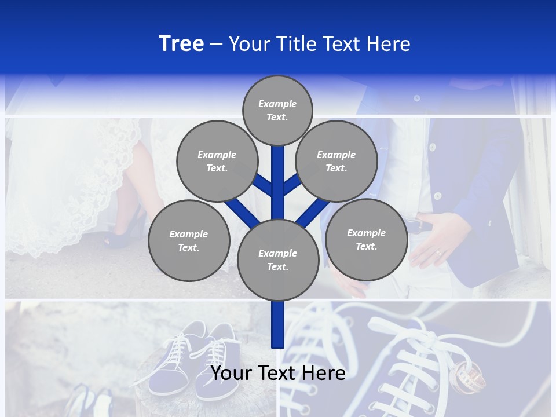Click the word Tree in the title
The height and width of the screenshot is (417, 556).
(x=181, y=43)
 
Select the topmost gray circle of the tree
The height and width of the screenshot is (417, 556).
(x=277, y=110)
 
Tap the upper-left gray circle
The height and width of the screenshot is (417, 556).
(x=217, y=161)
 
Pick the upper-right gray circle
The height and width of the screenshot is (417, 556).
(x=336, y=161)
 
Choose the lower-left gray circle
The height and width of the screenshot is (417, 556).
(x=189, y=240)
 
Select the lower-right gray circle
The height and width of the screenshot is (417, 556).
(x=366, y=239)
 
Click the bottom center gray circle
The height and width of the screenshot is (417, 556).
(x=278, y=259)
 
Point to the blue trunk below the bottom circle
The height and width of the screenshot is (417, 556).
(x=278, y=324)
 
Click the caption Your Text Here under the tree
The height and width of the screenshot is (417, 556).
(x=278, y=373)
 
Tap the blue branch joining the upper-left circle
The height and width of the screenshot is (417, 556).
(x=264, y=185)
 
